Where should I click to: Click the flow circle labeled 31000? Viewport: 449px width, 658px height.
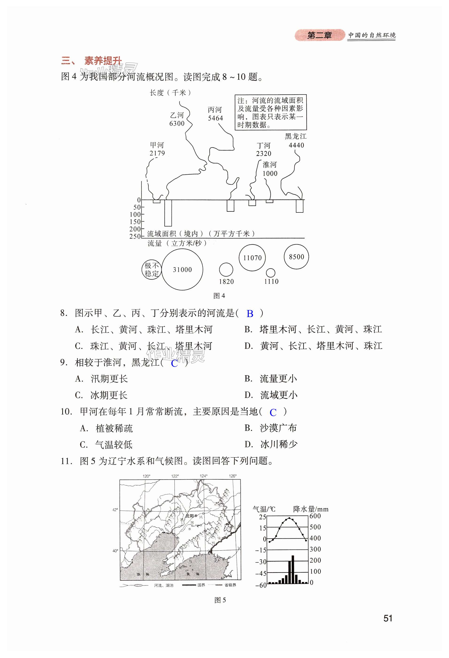(182, 269)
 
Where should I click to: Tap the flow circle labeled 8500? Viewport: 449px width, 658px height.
(296, 257)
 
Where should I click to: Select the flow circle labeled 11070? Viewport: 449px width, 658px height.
(252, 258)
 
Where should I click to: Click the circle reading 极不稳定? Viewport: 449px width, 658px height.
(151, 269)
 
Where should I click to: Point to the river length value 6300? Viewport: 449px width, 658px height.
(177, 123)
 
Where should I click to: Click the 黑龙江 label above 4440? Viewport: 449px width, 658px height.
(296, 136)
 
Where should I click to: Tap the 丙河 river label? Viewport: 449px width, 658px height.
(215, 110)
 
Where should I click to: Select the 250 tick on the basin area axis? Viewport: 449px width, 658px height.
(135, 236)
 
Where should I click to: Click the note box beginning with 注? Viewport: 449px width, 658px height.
(271, 112)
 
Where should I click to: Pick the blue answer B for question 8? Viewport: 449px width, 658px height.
(250, 314)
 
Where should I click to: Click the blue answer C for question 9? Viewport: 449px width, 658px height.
(174, 363)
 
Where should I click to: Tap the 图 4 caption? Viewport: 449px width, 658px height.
(219, 296)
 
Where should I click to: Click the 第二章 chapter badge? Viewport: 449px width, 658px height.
(319, 35)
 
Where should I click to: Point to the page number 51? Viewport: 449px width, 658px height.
(387, 618)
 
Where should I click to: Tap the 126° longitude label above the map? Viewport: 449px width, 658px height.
(232, 476)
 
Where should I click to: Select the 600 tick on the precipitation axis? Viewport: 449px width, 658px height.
(315, 516)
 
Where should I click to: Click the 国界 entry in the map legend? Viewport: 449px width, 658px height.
(201, 585)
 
